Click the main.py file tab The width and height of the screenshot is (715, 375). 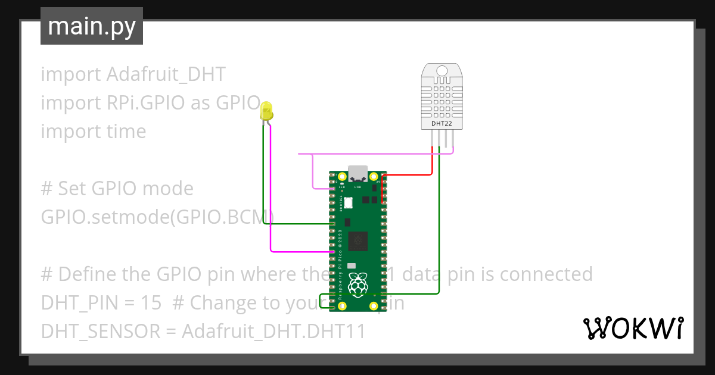(x=91, y=27)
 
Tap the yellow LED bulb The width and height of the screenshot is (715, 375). (x=266, y=110)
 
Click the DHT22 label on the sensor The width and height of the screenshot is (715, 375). (x=442, y=124)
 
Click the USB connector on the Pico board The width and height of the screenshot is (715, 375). (x=358, y=173)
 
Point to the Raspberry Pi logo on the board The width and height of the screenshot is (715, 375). (x=357, y=285)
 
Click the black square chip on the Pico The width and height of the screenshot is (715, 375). (x=357, y=240)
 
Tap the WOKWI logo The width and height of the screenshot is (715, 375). (x=632, y=328)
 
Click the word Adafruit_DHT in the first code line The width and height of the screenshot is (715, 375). (x=166, y=74)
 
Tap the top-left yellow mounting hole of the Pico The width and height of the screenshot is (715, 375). (x=342, y=177)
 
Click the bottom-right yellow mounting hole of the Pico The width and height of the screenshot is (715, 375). (x=374, y=306)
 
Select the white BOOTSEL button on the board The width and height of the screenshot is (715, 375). (x=348, y=204)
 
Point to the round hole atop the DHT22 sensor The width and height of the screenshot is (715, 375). (x=442, y=71)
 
